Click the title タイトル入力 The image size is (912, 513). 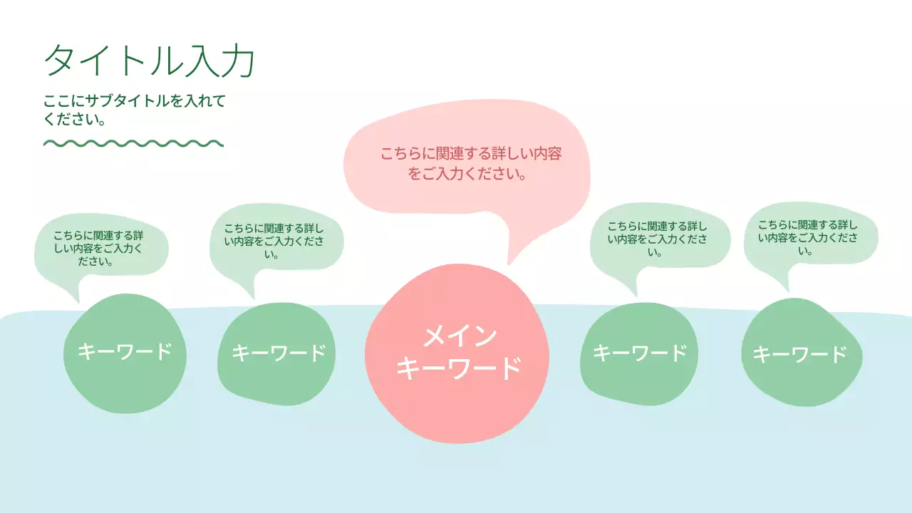pos(149,61)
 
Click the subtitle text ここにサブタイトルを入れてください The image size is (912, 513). pos(134,110)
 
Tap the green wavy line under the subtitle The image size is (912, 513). pos(133,143)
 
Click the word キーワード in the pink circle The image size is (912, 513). pos(458,368)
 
